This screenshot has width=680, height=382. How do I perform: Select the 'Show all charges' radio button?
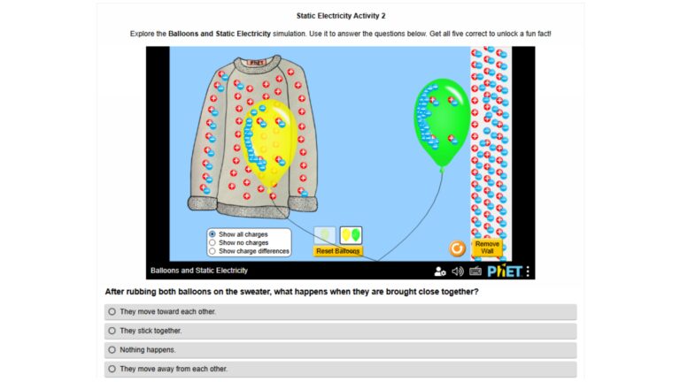pos(212,234)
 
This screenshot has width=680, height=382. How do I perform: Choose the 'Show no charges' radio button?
pos(212,242)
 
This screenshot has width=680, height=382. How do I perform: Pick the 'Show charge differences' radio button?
pos(212,251)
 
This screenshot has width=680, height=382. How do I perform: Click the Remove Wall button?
pos(486,248)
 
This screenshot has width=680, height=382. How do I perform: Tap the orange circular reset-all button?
pos(458,248)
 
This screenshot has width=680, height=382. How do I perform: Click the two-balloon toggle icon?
pos(351,235)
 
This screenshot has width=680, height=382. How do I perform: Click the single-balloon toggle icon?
pos(325,235)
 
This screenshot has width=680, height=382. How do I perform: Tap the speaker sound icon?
pos(458,271)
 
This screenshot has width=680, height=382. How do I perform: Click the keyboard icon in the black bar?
pos(475,271)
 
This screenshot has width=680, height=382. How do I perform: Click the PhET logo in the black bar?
pos(505,271)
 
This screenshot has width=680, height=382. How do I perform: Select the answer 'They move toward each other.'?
pos(112,312)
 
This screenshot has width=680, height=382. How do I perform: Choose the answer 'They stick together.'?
pos(112,331)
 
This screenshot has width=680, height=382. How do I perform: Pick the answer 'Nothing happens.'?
pos(112,349)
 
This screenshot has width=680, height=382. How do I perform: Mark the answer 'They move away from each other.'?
pos(112,369)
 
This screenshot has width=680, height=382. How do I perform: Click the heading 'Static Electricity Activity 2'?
pos(340,16)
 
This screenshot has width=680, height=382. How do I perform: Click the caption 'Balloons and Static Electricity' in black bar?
pos(199,271)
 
